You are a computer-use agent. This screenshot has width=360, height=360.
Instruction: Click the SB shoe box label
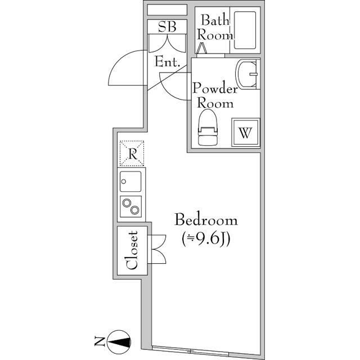tap(167, 26)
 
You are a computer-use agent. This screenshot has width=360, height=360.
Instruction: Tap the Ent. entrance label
tap(167, 61)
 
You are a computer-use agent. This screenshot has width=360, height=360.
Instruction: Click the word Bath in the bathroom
tap(215, 20)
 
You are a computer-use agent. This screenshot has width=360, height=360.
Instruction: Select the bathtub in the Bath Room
tap(245, 30)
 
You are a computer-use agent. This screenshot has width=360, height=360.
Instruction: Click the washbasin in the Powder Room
tap(247, 74)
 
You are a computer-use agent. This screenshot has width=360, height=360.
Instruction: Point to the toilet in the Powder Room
tap(208, 128)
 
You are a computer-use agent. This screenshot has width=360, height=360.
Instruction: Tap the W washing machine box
tap(245, 132)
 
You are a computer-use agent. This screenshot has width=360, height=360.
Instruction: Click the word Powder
tap(215, 88)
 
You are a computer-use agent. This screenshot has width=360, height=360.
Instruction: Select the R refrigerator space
tap(132, 154)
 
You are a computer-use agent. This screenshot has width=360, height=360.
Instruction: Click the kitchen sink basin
tap(130, 181)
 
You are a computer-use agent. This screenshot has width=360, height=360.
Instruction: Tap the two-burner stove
tap(130, 206)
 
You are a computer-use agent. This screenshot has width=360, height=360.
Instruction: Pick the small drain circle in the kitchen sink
tap(124, 181)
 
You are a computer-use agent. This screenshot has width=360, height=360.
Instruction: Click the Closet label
tap(132, 250)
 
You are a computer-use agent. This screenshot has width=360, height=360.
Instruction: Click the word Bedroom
tap(206, 220)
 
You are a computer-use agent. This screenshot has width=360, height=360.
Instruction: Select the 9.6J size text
tap(206, 240)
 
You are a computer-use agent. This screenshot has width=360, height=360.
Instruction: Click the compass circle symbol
tap(119, 342)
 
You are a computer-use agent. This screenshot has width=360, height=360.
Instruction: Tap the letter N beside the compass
tap(100, 341)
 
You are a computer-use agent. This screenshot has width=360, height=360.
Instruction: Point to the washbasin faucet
tap(253, 74)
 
